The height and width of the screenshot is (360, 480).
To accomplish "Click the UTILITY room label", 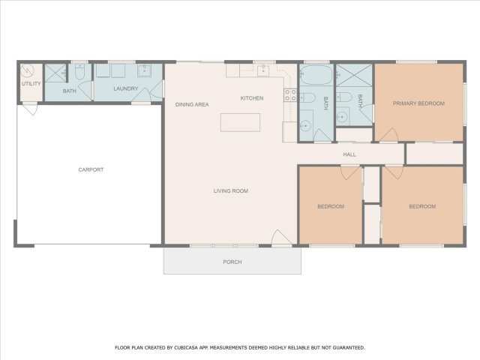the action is pyautogui.click(x=31, y=83).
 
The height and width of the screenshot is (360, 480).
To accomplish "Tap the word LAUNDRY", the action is pyautogui.click(x=126, y=88).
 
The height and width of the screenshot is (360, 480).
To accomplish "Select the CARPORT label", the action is pyautogui.click(x=91, y=169).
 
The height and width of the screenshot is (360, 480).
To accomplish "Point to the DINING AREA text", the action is pyautogui.click(x=192, y=104).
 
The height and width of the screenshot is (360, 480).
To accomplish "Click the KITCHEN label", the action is pyautogui.click(x=252, y=98).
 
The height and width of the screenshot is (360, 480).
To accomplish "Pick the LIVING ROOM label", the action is pyautogui.click(x=231, y=190).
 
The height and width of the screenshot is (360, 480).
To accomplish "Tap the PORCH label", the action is pyautogui.click(x=232, y=262).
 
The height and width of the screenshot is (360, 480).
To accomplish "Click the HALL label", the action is pyautogui.click(x=349, y=154).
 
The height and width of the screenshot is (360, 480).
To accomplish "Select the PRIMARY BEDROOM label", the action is pyautogui.click(x=418, y=103).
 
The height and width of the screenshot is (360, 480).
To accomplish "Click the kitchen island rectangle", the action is pyautogui.click(x=240, y=122).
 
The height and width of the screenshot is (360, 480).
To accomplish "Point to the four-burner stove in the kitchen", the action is pyautogui.click(x=290, y=95).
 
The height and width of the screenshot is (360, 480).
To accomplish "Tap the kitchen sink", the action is pyautogui.click(x=263, y=70).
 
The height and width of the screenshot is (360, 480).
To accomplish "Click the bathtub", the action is pyautogui.click(x=316, y=75).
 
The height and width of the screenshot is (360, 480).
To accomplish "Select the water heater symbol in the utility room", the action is pyautogui.click(x=27, y=71).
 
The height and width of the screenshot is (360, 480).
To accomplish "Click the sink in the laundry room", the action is pyautogui.click(x=144, y=70).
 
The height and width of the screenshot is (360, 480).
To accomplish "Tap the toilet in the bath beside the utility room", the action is pyautogui.click(x=80, y=72).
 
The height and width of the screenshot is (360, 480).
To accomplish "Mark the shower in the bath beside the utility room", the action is pyautogui.click(x=55, y=73).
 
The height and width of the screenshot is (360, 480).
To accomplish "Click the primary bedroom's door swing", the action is pyautogui.click(x=388, y=135).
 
